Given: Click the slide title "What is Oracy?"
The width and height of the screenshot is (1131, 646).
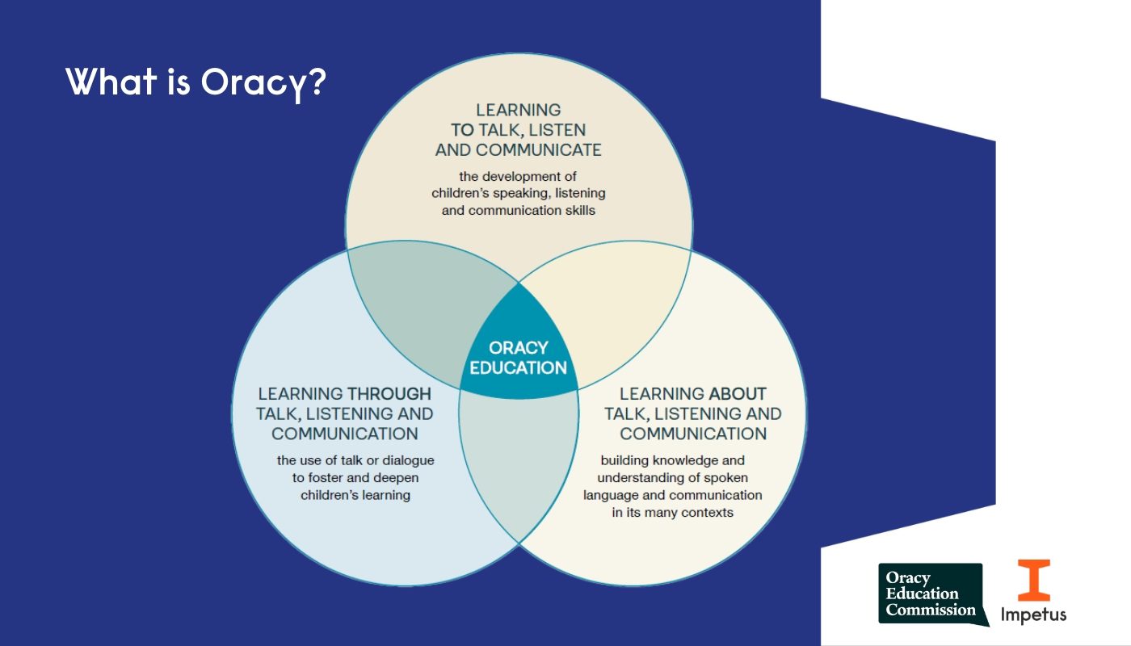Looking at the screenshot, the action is click(194, 82).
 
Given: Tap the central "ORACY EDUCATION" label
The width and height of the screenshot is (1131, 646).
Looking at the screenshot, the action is click(519, 358).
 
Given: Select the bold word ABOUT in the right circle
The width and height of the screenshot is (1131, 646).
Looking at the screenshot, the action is click(738, 394).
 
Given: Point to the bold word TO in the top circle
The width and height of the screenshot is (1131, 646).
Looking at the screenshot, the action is click(463, 129).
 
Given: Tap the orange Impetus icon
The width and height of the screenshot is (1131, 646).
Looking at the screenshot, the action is click(1033, 580).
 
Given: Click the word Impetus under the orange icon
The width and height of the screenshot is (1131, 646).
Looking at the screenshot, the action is click(1033, 615).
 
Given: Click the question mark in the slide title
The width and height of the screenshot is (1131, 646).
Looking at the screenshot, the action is click(317, 82).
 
